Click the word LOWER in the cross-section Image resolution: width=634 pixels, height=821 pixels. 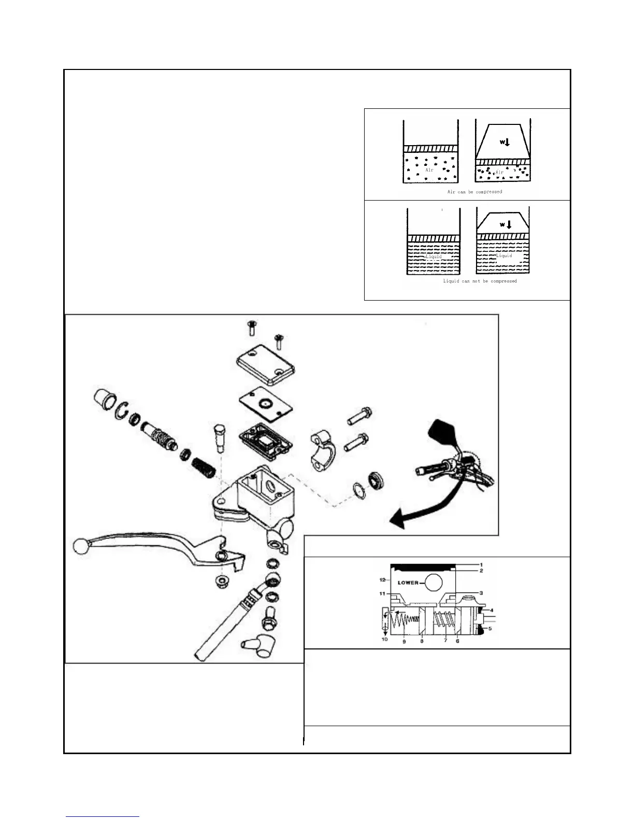tap(408, 583)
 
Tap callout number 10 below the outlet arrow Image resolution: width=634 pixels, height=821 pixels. tap(384, 640)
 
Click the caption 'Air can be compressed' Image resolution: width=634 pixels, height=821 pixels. tap(474, 192)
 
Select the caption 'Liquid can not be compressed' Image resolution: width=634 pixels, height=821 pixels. tap(480, 281)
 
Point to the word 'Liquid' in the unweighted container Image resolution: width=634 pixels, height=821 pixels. tap(434, 257)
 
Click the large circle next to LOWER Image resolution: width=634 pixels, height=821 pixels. tap(433, 583)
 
